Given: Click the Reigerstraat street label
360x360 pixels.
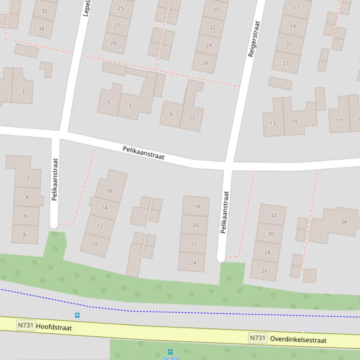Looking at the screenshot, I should (254, 38).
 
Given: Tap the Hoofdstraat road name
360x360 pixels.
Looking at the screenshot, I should (54, 327).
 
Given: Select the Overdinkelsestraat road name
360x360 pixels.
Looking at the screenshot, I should (298, 340).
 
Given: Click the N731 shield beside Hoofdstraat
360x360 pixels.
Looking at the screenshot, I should (25, 325).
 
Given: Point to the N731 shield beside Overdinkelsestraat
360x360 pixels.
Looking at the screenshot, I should (258, 338).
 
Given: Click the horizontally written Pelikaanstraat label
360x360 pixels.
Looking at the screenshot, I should (144, 153).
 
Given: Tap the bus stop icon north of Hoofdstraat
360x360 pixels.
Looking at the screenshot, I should (77, 315).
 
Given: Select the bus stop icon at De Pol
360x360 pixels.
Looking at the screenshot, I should (170, 352).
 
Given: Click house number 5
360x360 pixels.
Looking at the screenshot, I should (109, 102).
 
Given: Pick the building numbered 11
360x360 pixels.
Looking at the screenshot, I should (192, 118).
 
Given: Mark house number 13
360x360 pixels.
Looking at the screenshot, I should (272, 123).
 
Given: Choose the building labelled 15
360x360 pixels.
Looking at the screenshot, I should (294, 122).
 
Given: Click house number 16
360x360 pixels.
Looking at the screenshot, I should (110, 191).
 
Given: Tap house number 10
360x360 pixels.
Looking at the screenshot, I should (95, 245).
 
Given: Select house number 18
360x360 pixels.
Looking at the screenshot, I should (197, 206).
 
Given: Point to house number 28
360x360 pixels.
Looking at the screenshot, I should (267, 252).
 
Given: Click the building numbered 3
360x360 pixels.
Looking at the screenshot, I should (23, 91).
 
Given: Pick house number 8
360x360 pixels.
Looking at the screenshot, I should (24, 235).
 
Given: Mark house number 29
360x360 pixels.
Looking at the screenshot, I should (113, 43).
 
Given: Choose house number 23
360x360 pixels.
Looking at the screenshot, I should (286, 63).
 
